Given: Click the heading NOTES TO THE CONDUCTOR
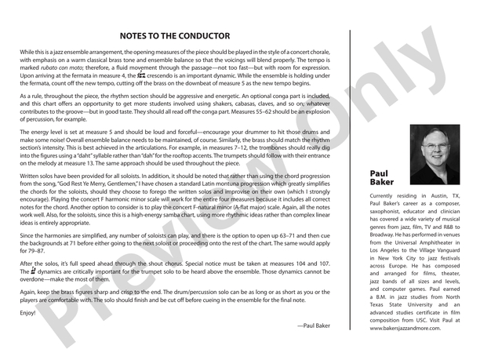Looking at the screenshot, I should (x=175, y=36).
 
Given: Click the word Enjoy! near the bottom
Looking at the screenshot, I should (x=27, y=312).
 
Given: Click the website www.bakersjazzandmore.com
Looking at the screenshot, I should (x=408, y=329).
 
